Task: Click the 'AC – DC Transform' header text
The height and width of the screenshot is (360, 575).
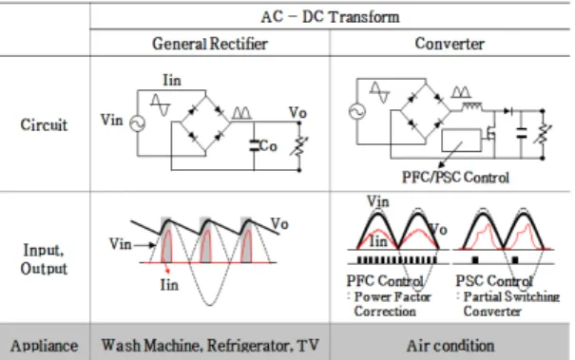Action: [x=330, y=17]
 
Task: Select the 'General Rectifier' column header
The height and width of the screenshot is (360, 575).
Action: [x=210, y=44]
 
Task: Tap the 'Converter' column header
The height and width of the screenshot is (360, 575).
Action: [x=450, y=44]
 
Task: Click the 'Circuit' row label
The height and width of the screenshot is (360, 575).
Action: [x=44, y=125]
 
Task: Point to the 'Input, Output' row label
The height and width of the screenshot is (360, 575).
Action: [x=44, y=259]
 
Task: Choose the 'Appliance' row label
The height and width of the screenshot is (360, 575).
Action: [x=44, y=346]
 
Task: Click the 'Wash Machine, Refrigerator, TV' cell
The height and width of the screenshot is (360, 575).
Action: [x=210, y=346]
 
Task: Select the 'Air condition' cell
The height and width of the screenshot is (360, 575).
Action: [x=450, y=346]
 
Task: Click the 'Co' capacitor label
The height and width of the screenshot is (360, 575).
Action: [x=268, y=146]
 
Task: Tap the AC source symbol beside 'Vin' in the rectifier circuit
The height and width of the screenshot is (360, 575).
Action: [x=138, y=123]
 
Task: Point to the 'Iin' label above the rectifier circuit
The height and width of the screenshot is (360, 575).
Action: [x=172, y=81]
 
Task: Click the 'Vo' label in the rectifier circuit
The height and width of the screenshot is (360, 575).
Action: [x=297, y=112]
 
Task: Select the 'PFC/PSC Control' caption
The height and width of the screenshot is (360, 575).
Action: [x=455, y=178]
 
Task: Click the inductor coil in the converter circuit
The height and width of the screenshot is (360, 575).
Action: [x=471, y=106]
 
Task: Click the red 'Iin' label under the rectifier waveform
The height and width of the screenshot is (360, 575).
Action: [x=169, y=285]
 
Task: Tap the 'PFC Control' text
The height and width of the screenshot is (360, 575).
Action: [x=385, y=281]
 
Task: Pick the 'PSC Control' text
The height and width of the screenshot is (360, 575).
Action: [x=493, y=281]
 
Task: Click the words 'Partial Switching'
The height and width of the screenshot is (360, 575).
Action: [x=511, y=296]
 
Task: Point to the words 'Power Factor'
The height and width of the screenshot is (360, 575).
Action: [x=393, y=296]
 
